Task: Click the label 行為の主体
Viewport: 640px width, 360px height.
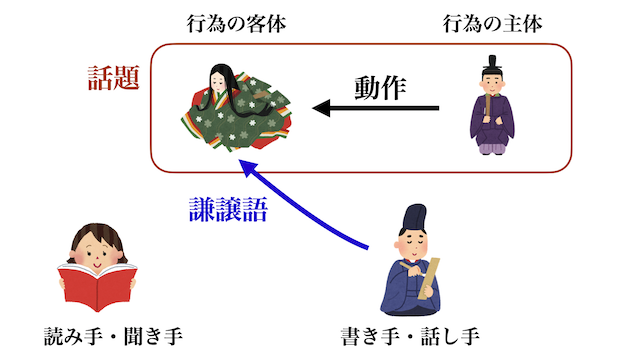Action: pyautogui.click(x=493, y=23)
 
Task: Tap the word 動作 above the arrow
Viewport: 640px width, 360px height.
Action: pyautogui.click(x=380, y=87)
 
